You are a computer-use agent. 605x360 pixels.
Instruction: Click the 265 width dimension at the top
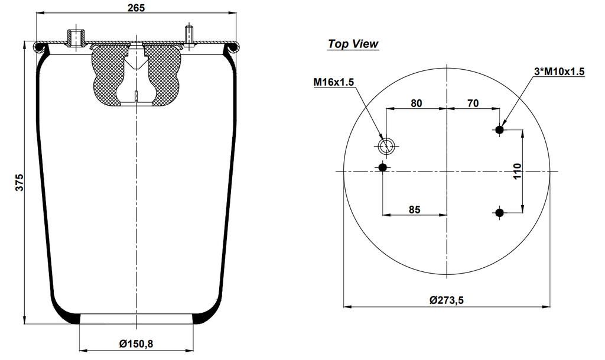[136, 7]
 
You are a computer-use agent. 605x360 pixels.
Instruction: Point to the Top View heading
[353, 44]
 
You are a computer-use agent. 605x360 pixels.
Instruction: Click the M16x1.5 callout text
[333, 82]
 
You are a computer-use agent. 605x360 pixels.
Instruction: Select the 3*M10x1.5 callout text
[559, 72]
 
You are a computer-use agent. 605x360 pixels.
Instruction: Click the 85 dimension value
[415, 209]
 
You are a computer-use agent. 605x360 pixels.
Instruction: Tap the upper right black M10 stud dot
[500, 129]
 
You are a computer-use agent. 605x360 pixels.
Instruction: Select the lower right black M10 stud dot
[500, 212]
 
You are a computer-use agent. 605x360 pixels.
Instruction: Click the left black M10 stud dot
[383, 168]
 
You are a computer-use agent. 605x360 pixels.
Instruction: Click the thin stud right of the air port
[188, 35]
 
